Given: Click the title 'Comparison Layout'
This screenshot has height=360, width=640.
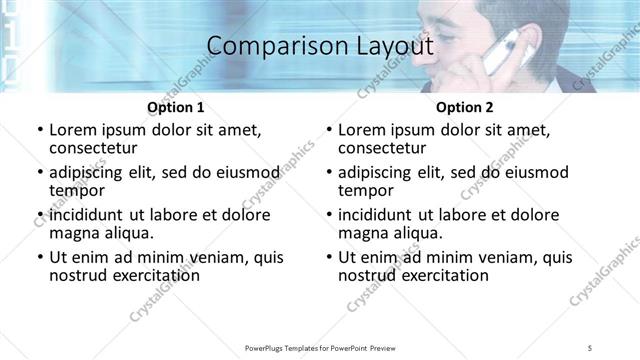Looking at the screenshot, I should coord(320,46).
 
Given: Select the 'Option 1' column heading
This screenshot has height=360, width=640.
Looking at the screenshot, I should coord(176,107).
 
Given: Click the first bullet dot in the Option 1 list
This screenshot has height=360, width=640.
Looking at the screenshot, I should coord(39,130).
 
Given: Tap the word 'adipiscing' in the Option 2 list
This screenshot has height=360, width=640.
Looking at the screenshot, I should coord(378,172).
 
